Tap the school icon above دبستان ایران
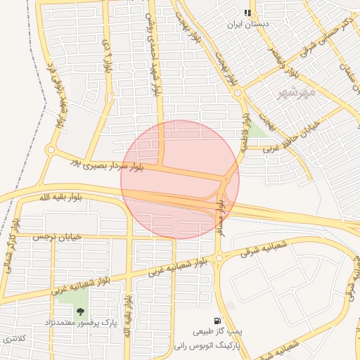point(247,12)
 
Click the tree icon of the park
point(80,310)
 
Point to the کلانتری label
point(14,338)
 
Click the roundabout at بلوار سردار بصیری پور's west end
point(50,150)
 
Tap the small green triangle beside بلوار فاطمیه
point(257,129)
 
